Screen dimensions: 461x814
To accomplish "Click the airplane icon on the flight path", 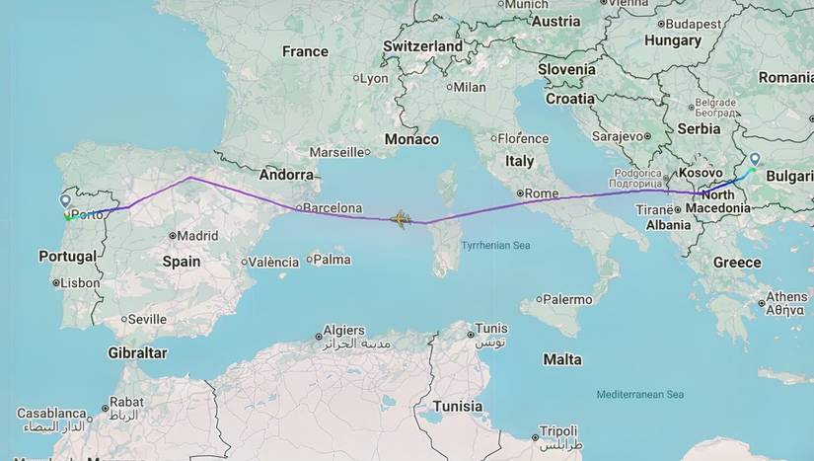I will click(401, 218).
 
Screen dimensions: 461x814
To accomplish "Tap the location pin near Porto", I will click(65, 200).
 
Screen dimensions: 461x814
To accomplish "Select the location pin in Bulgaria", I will click(755, 159).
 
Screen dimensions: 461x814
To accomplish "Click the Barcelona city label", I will click(333, 208).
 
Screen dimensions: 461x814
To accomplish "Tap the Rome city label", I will click(542, 193).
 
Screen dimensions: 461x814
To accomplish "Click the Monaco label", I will click(411, 139).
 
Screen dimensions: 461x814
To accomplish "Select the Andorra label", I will click(286, 175).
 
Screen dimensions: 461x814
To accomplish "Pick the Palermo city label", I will click(566, 299).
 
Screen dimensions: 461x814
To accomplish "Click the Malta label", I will click(562, 358).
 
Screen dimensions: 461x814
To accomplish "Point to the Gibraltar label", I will click(137, 352).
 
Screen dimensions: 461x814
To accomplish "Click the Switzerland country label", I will click(422, 46).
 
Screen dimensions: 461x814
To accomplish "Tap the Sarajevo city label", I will click(619, 136).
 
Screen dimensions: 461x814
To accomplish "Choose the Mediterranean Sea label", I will click(639, 395).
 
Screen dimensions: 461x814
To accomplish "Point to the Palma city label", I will click(333, 260).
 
